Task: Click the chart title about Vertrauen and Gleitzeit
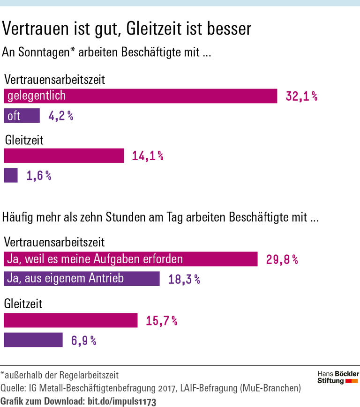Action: (127, 29)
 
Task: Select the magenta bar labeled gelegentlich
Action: (140, 96)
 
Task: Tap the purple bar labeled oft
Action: (22, 116)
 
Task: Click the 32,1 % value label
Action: (302, 96)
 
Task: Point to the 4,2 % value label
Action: (61, 116)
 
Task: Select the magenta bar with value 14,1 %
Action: (64, 156)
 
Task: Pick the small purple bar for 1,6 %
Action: (11, 176)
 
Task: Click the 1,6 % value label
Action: (39, 176)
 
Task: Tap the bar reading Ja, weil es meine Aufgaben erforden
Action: (130, 259)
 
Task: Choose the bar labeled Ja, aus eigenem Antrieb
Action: (82, 279)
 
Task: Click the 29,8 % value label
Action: (282, 259)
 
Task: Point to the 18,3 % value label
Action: (184, 280)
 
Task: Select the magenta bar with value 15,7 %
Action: (70, 320)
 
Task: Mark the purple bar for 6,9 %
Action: (33, 340)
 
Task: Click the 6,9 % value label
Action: (84, 340)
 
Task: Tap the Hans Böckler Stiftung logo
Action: (338, 377)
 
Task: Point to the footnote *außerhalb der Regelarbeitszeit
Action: (60, 375)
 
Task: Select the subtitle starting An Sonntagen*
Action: (107, 53)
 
